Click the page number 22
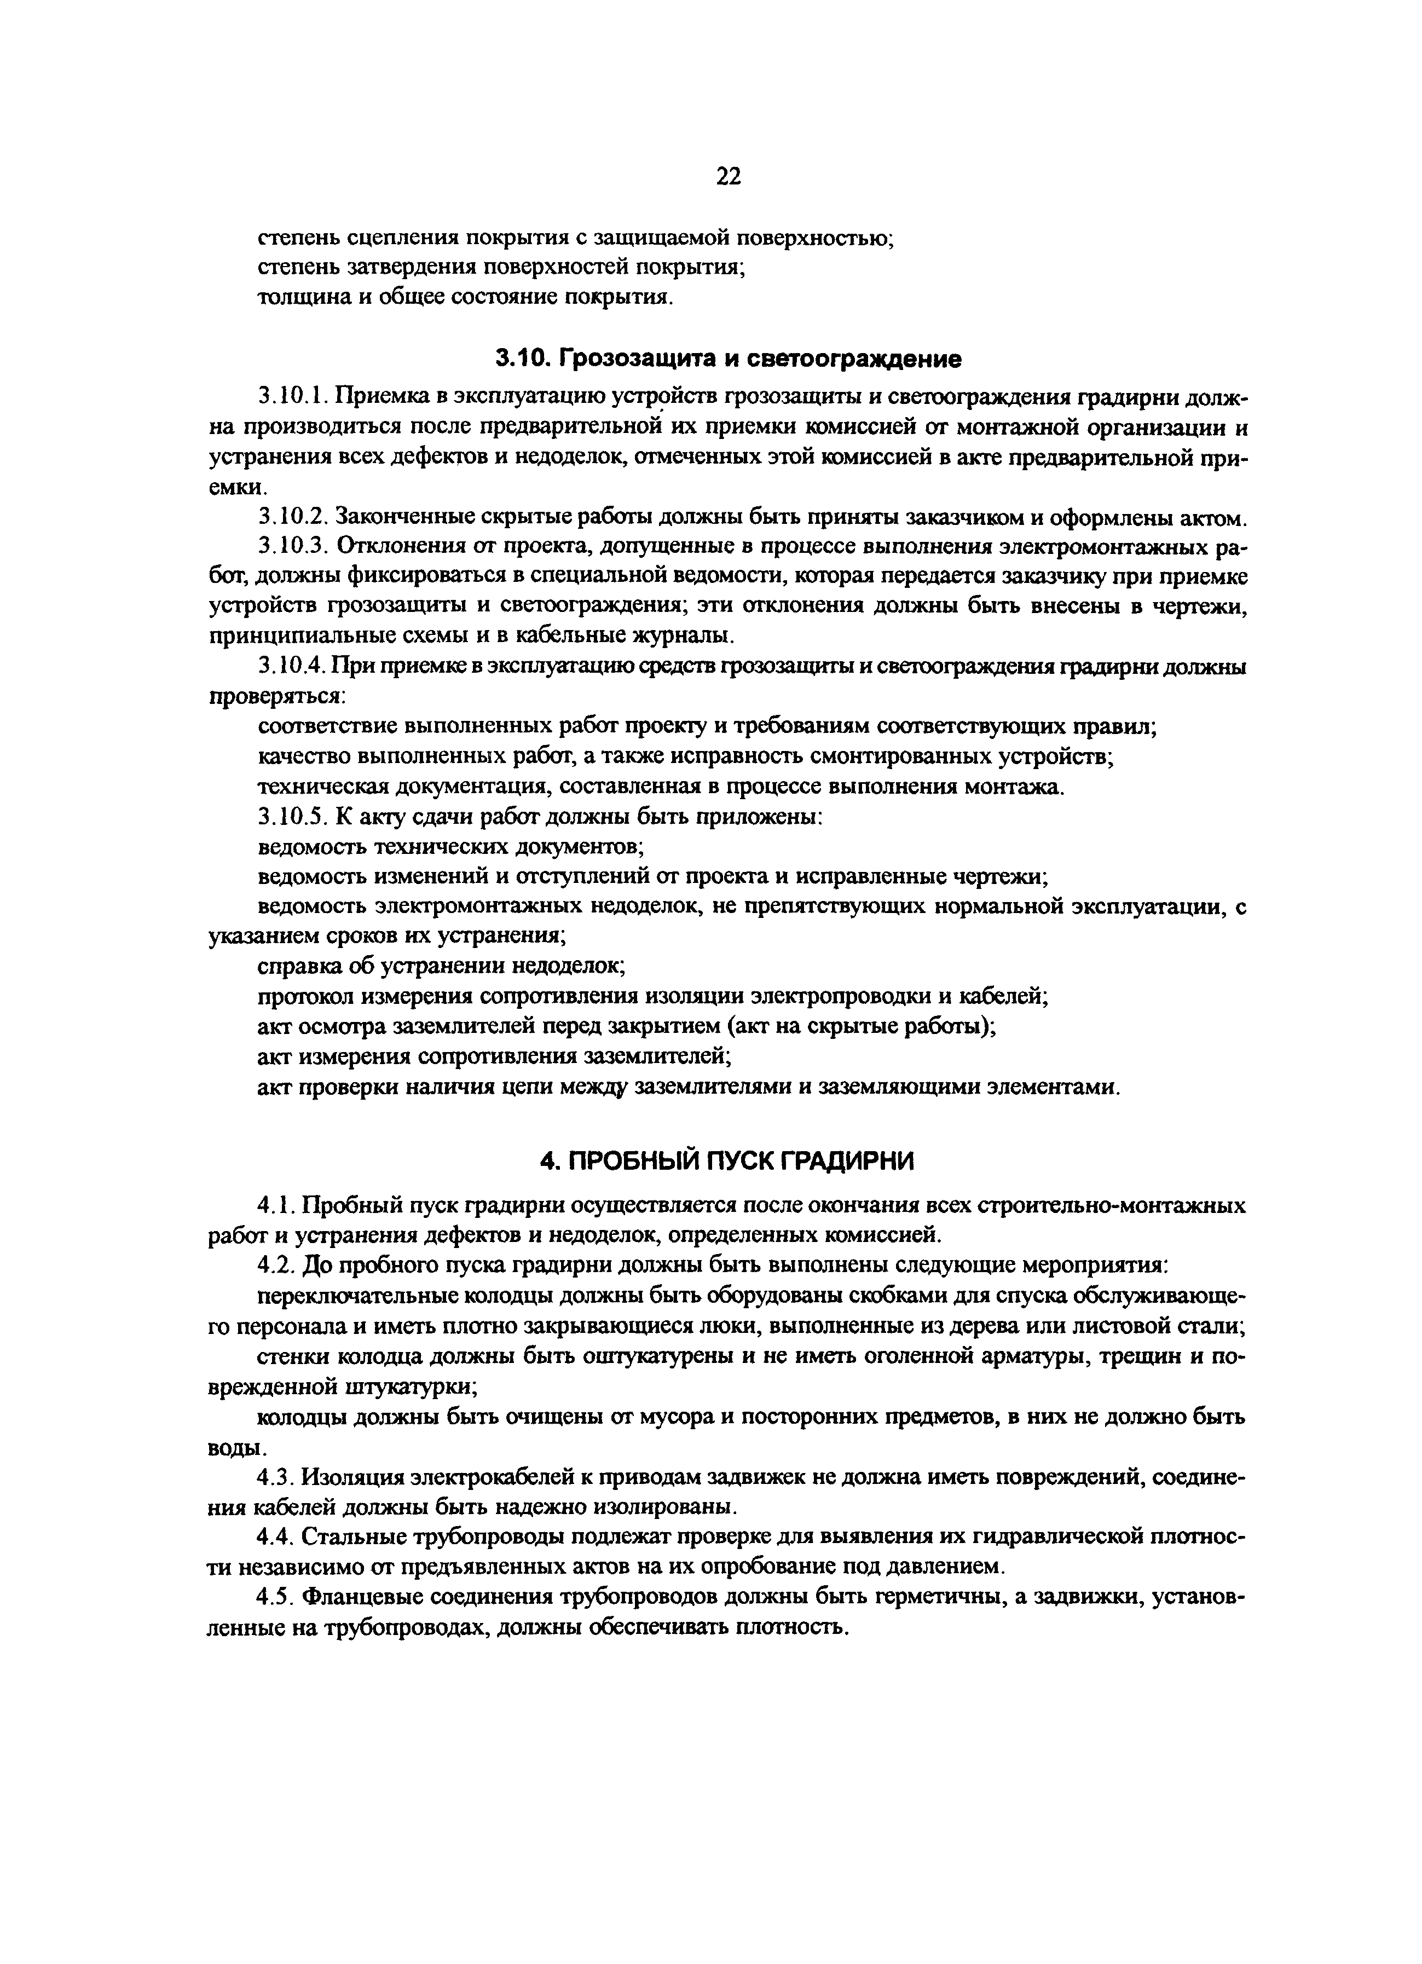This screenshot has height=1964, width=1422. click(x=729, y=177)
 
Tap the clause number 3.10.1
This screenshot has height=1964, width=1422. click(x=292, y=397)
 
